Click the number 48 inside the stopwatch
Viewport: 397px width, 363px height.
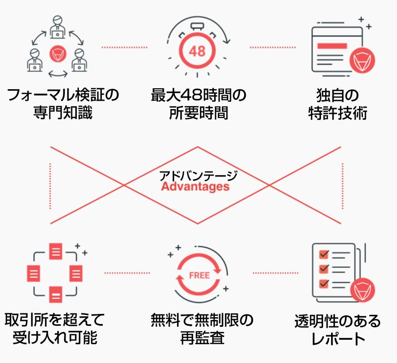pyautogui.click(x=197, y=52)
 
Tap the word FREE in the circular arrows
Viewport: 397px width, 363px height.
pyautogui.click(x=198, y=275)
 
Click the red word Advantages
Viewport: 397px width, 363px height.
pyautogui.click(x=195, y=187)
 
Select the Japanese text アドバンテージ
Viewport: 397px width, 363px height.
pyautogui.click(x=198, y=175)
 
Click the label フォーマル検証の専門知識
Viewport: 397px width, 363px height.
pyautogui.click(x=63, y=104)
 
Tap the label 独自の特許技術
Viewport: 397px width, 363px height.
pyautogui.click(x=337, y=104)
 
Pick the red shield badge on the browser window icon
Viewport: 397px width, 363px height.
pyautogui.click(x=362, y=60)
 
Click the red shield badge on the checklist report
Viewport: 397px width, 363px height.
pyautogui.click(x=362, y=291)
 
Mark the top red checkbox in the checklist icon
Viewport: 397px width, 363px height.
pyautogui.click(x=324, y=254)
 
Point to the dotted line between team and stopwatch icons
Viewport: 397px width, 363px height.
pyautogui.click(x=124, y=47)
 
